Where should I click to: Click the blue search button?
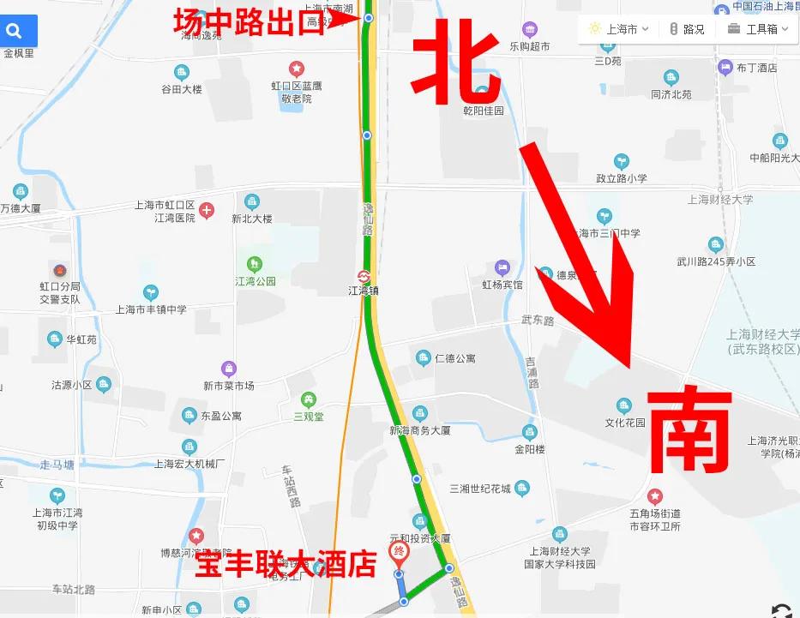(15, 32)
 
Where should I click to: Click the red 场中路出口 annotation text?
(249, 20)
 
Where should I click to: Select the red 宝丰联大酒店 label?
(286, 565)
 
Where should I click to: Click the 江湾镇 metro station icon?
(364, 277)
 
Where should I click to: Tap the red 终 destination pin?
(399, 552)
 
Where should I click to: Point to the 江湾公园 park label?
(256, 281)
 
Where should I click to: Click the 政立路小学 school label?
(622, 178)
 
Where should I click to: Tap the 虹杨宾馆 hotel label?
(502, 284)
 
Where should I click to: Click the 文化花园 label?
(625, 423)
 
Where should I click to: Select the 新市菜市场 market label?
(228, 386)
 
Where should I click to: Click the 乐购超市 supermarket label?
(529, 46)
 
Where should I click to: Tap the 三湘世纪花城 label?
(480, 489)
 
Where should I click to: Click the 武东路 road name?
(538, 320)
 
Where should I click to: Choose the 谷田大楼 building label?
(181, 89)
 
